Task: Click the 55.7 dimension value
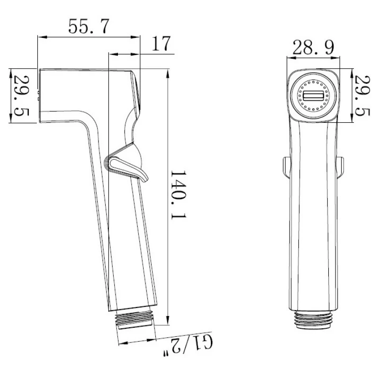click(x=89, y=26)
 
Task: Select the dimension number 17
click(x=161, y=43)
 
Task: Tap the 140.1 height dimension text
click(x=179, y=195)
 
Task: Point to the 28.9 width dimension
click(x=313, y=47)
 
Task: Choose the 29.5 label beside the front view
click(x=362, y=96)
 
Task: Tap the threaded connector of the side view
click(x=135, y=319)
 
